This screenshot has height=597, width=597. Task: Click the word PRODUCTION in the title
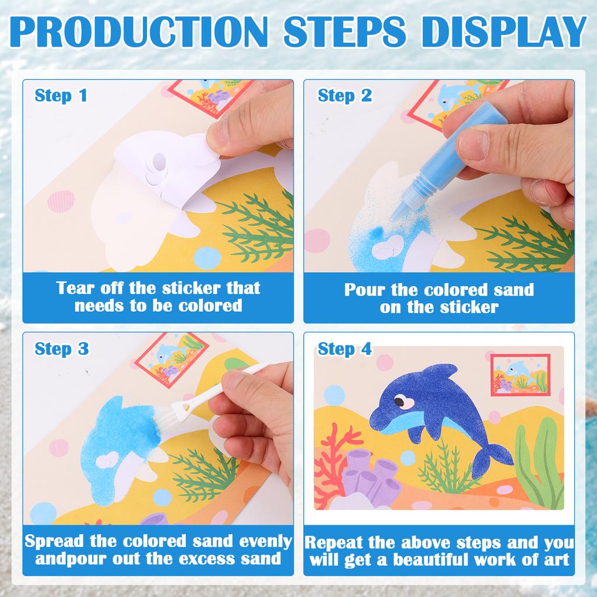point(139,31)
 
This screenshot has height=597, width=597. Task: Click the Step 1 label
point(61,96)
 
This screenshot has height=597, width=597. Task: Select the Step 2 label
point(345,96)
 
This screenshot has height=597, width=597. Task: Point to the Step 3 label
point(62,349)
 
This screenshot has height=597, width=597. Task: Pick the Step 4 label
point(345,349)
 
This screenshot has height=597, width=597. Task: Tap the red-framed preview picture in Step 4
point(520,375)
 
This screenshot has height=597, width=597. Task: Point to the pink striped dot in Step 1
point(61,201)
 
